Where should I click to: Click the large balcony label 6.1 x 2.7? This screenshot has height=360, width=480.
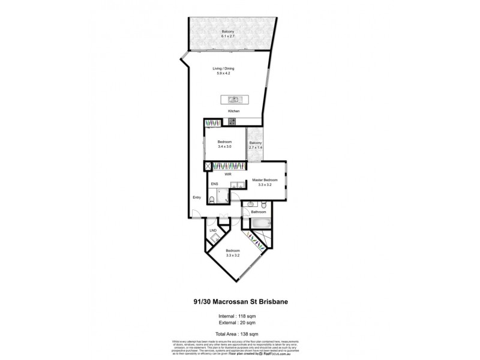[x=227, y=37]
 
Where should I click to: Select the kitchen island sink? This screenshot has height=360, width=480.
[x=233, y=100]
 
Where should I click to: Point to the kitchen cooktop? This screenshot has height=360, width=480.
[x=231, y=123]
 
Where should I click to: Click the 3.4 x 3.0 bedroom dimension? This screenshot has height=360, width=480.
[x=224, y=146]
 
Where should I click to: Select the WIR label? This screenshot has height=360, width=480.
[x=228, y=174]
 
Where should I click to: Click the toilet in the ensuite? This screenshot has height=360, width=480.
[x=214, y=199]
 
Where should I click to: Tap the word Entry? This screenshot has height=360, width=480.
[x=196, y=197]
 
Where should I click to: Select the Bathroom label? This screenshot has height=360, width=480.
[x=259, y=212]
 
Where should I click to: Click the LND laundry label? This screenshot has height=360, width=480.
[x=212, y=230]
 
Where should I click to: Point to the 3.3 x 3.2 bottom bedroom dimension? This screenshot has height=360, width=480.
[x=233, y=255]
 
